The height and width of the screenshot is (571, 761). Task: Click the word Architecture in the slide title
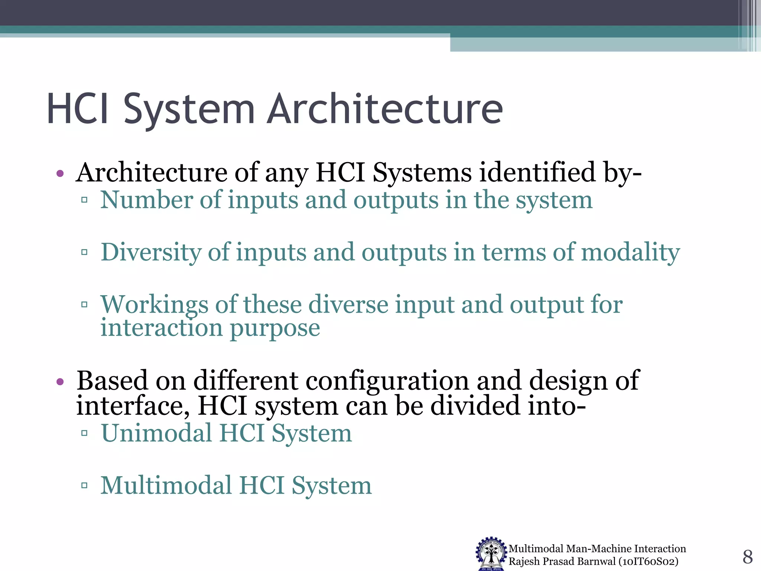pyautogui.click(x=385, y=109)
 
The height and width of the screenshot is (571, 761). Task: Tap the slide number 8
pyautogui.click(x=747, y=557)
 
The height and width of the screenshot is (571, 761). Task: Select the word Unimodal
pyautogui.click(x=156, y=434)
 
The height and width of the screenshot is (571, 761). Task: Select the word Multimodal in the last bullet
pyautogui.click(x=166, y=486)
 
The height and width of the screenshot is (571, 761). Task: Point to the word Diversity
pyautogui.click(x=150, y=253)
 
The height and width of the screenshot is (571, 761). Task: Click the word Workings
pyautogui.click(x=154, y=305)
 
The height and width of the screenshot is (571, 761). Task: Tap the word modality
pyautogui.click(x=630, y=253)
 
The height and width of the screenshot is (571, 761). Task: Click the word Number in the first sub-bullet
pyautogui.click(x=146, y=200)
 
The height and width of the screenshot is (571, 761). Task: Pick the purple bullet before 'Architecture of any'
pyautogui.click(x=60, y=173)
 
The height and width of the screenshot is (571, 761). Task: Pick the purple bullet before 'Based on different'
pyautogui.click(x=60, y=381)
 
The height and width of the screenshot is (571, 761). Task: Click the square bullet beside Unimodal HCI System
pyautogui.click(x=84, y=433)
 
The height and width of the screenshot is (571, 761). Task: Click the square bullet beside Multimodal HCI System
pyautogui.click(x=84, y=485)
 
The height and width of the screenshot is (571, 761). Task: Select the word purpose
pyautogui.click(x=275, y=329)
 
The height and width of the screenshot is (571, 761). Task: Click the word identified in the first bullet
pyautogui.click(x=538, y=173)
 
